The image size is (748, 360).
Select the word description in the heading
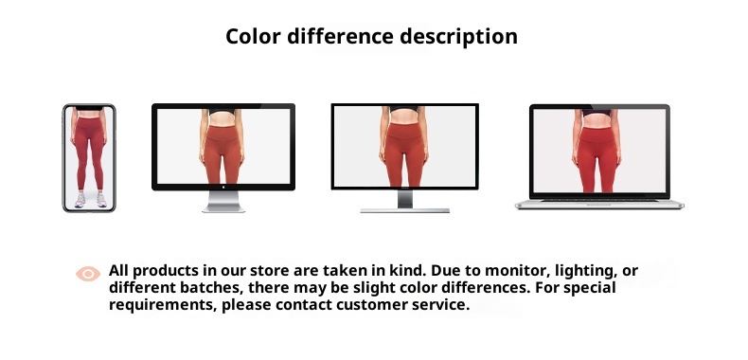[x=461, y=37]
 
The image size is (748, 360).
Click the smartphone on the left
[x=89, y=157]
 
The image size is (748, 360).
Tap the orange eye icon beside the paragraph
[x=88, y=274]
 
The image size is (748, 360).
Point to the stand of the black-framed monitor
[x=404, y=201]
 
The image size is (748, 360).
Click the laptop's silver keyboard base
[x=599, y=204]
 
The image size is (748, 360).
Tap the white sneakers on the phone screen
[x=89, y=200]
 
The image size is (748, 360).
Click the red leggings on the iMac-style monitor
[x=223, y=156]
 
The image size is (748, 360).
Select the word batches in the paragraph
[x=206, y=288]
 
